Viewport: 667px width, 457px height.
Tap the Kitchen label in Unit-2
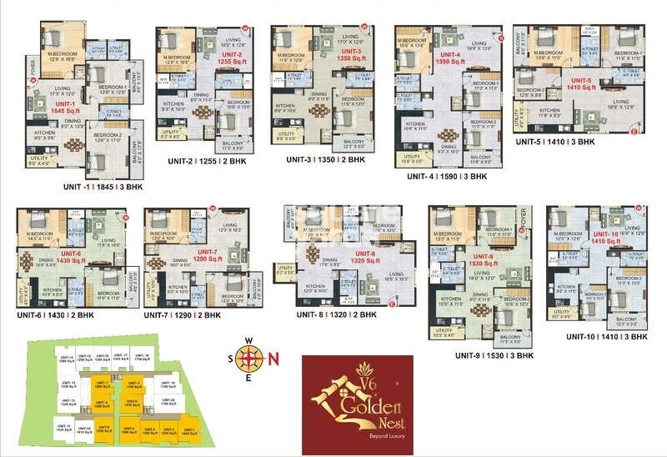[173, 104]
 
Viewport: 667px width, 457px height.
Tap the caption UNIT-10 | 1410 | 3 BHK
[607, 336]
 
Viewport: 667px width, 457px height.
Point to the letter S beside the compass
[230, 359]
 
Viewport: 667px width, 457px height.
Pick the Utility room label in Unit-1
[39, 159]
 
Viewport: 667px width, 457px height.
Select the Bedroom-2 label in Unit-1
[107, 137]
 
